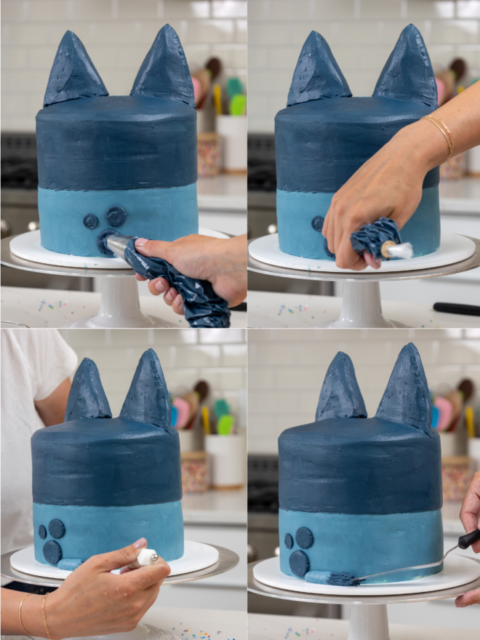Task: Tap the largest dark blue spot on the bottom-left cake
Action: (52, 551)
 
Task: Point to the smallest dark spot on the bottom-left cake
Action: (43, 531)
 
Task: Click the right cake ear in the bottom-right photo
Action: (405, 390)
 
